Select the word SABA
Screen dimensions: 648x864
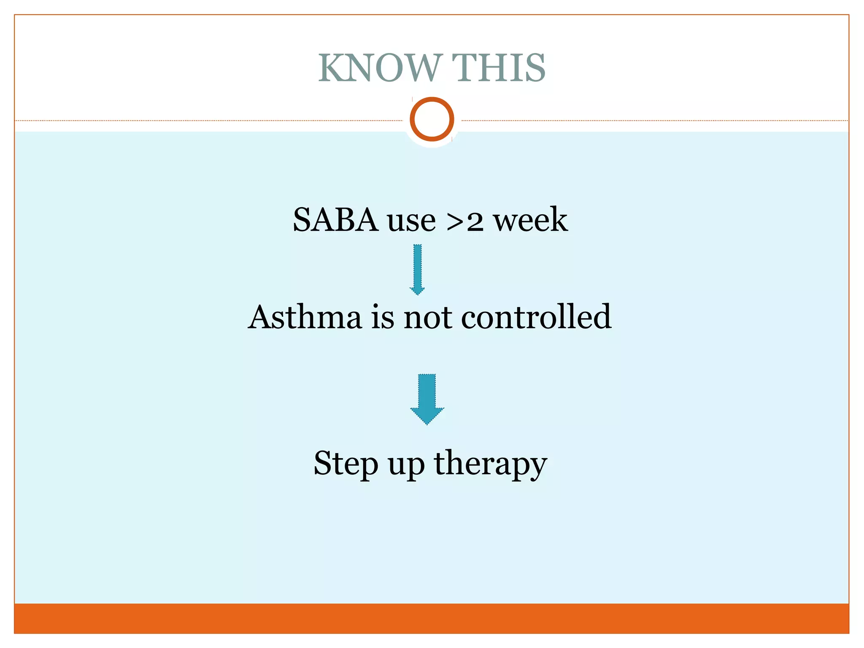pos(335,220)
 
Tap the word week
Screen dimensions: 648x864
pos(531,220)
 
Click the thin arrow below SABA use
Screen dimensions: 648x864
pos(417,269)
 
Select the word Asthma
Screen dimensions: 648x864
pos(305,317)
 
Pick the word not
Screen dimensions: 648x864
pos(427,318)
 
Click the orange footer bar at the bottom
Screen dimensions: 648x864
pos(432,618)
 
